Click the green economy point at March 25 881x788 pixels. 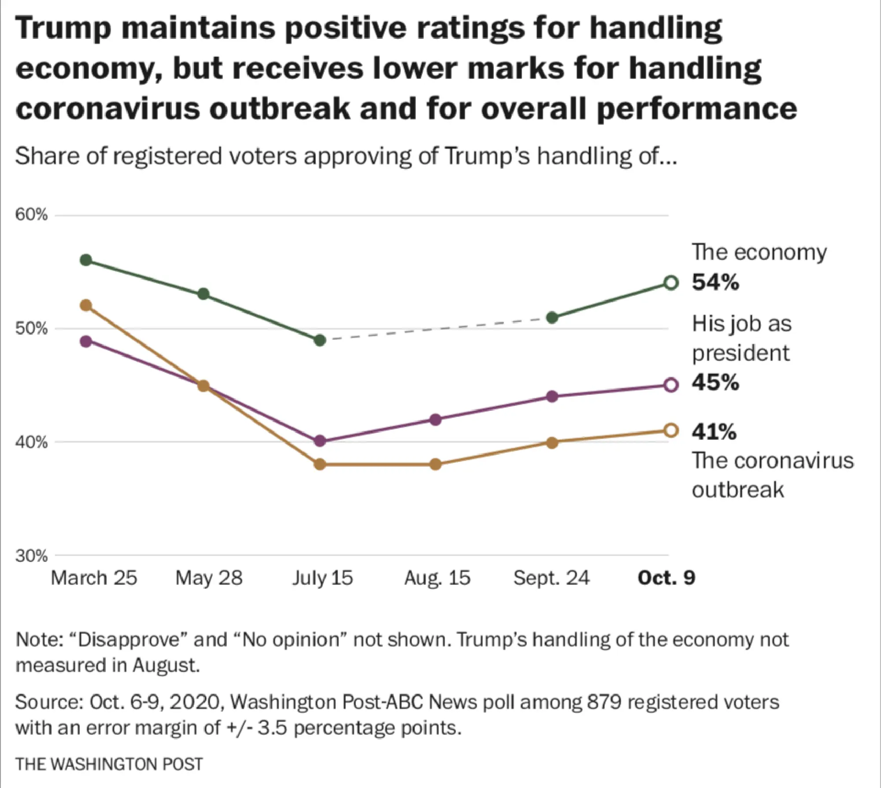(x=86, y=260)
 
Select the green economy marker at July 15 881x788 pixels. (x=320, y=340)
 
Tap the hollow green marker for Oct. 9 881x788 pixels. (x=670, y=283)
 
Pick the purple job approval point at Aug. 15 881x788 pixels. (x=435, y=419)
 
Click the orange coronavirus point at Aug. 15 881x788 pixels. (x=435, y=464)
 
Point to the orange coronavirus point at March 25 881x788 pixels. (x=86, y=305)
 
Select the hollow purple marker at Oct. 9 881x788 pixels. (x=670, y=385)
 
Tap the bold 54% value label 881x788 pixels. (x=715, y=282)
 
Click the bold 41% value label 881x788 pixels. (x=714, y=432)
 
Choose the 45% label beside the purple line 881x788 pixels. (x=715, y=383)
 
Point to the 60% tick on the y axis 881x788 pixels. (x=31, y=215)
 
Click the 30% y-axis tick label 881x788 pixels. (x=31, y=556)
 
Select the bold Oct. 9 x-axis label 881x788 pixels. (x=666, y=578)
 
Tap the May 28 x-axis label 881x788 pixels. (x=209, y=578)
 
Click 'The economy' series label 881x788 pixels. (x=759, y=253)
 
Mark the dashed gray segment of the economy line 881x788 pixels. (x=436, y=329)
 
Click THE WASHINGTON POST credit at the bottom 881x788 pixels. (x=109, y=764)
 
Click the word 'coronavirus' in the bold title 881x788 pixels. (x=107, y=108)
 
